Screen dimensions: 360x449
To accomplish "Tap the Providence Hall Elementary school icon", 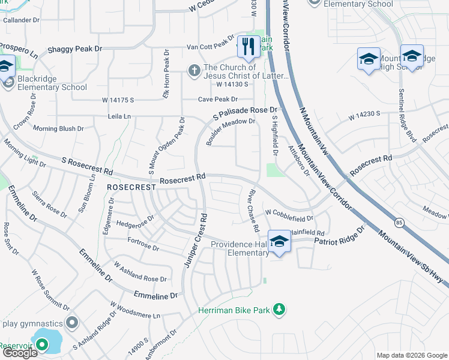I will pos(279,241).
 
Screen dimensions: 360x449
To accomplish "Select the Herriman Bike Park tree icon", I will pos(279,310).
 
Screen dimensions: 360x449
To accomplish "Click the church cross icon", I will pos(194,70).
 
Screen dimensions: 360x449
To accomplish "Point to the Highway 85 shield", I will pos(399,223).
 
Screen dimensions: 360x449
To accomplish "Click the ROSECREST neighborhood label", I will pos(131,187).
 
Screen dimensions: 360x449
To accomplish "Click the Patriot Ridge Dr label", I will pos(339,236).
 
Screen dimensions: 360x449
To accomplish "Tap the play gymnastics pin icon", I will pos(72,323).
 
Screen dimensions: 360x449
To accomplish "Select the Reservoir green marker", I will pos(41,344).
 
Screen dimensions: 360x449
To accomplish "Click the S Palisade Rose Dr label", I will pos(245,112).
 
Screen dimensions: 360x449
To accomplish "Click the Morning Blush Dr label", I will pos(58,128).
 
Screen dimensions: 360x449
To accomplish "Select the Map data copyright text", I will pos(411,355).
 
